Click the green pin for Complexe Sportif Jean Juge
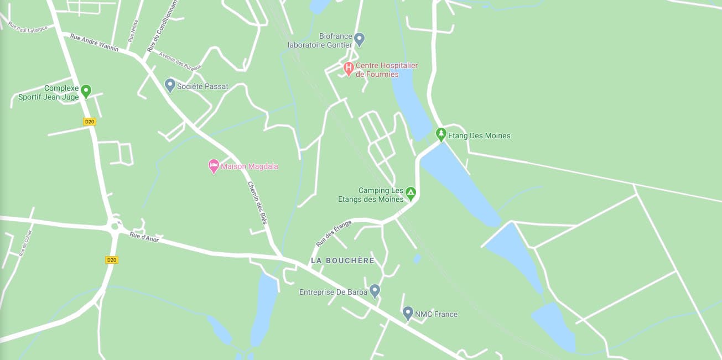(x=86, y=91)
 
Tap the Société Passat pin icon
(x=170, y=86)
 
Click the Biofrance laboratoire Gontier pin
(x=359, y=39)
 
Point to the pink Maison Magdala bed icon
(x=214, y=166)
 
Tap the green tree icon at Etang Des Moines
(x=441, y=134)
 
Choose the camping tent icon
(x=411, y=194)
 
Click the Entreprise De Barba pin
(x=375, y=291)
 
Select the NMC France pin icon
(x=408, y=314)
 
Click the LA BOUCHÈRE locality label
(x=342, y=260)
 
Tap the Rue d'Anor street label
(x=144, y=237)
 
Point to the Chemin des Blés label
(x=257, y=202)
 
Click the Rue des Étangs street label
(x=334, y=233)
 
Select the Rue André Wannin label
(x=94, y=42)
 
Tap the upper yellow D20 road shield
(x=89, y=122)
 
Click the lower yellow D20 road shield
(x=112, y=259)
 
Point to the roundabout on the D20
(x=115, y=226)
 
